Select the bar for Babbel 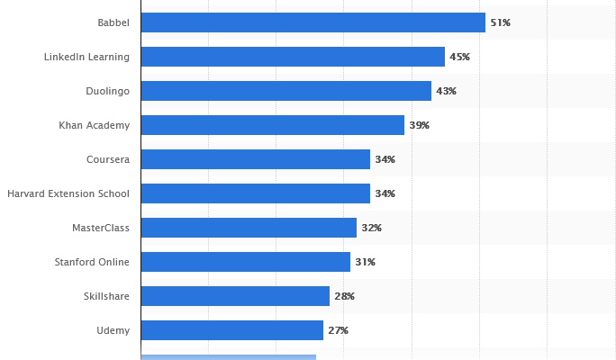click(x=313, y=22)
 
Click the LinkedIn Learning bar click(x=293, y=57)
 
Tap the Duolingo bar click(x=285, y=91)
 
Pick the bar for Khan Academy click(x=272, y=125)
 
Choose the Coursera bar click(x=255, y=159)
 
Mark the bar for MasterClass click(x=249, y=228)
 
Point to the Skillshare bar click(x=235, y=296)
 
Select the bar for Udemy click(x=231, y=330)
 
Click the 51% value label click(x=500, y=22)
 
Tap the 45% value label click(x=459, y=57)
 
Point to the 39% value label click(x=419, y=125)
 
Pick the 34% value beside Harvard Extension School click(x=385, y=193)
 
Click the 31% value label click(x=365, y=262)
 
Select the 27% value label click(x=338, y=330)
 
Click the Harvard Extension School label click(x=68, y=193)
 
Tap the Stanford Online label click(x=92, y=262)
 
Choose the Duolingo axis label click(x=107, y=91)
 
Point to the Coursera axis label click(x=108, y=159)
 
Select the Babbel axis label click(x=113, y=22)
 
